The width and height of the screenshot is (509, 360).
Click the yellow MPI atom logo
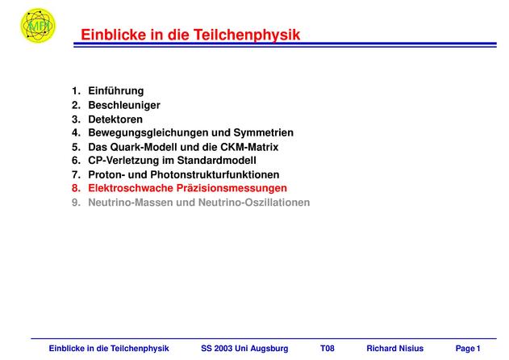coord(38,25)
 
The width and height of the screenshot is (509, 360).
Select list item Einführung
coord(116,90)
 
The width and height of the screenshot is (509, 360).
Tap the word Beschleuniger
coord(124,105)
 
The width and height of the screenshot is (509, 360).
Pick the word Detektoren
coord(115,119)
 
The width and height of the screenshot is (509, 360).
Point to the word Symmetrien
coord(263,132)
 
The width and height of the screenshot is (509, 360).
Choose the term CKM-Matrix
coord(249,147)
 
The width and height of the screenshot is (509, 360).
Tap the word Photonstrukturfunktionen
coord(215,175)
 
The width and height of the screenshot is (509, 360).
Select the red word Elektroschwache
coord(131,188)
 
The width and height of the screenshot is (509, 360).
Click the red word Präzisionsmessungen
coord(232,188)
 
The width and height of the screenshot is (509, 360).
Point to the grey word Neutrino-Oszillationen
coord(254,203)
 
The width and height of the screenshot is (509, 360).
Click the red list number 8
coord(76,188)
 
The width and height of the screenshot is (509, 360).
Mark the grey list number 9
coord(76,203)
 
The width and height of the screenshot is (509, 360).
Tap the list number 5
coord(76,147)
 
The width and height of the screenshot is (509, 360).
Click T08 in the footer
coord(328,349)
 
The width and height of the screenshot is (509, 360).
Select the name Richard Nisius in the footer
coord(394,349)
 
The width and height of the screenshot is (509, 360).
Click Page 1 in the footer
coord(468,349)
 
